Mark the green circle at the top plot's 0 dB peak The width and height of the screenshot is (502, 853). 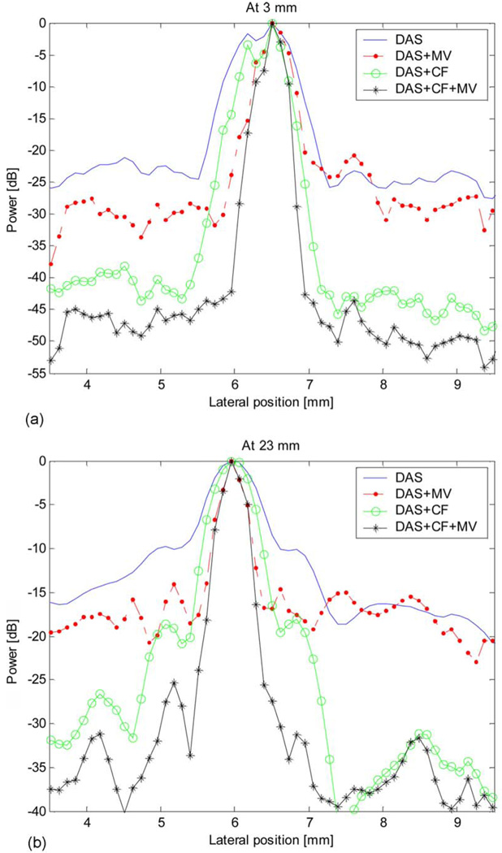click(x=272, y=24)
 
